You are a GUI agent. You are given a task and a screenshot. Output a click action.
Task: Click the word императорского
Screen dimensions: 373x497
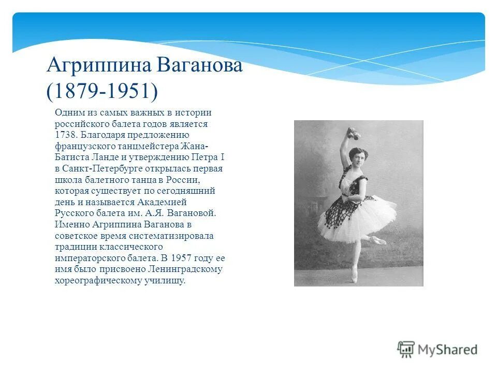point(88,257)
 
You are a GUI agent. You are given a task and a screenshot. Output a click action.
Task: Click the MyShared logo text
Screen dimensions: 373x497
point(448,350)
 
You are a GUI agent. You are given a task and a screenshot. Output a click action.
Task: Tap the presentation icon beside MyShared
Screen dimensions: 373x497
point(406,349)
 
